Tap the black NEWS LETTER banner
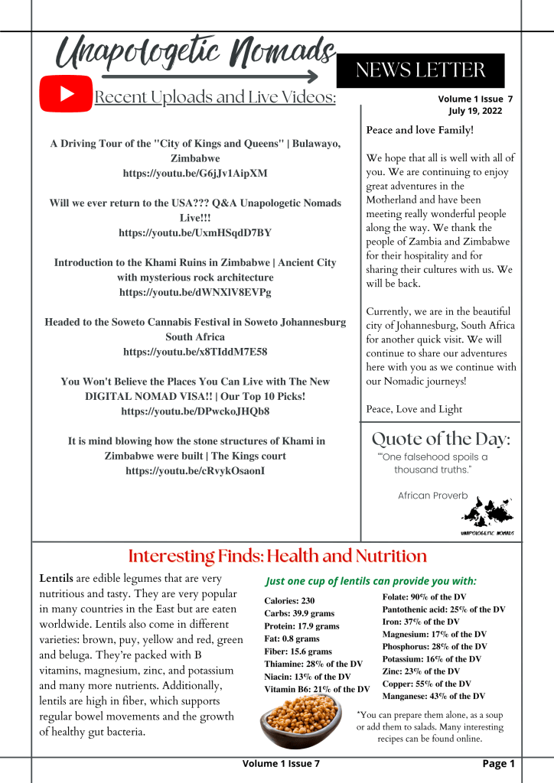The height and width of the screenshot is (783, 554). tap(420, 70)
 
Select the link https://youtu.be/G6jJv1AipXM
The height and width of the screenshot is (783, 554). tap(195, 174)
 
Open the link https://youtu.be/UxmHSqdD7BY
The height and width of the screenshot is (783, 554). tap(195, 232)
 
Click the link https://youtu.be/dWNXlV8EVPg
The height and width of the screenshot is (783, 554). tap(195, 292)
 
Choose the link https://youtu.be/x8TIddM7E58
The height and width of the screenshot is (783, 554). tap(195, 352)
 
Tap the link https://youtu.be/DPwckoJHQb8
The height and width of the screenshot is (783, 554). tap(195, 411)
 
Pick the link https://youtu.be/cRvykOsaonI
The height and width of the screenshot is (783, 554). tap(195, 471)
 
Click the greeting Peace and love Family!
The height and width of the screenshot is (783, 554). tap(420, 130)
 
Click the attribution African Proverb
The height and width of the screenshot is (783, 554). tap(432, 495)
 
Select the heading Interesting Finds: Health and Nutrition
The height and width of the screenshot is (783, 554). tap(277, 555)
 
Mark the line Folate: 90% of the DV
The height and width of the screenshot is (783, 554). tap(424, 596)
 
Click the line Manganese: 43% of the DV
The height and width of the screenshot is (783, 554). tap(433, 696)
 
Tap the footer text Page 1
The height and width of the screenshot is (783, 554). tap(498, 763)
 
